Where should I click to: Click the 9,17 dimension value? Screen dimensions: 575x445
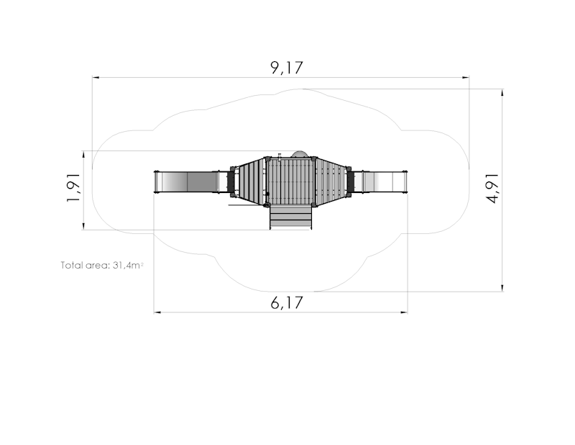(x=287, y=68)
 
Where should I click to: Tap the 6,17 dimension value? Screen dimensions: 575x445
(x=287, y=303)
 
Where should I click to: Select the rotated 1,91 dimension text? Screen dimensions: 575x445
(x=73, y=187)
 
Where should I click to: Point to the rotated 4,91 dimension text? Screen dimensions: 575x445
(x=492, y=188)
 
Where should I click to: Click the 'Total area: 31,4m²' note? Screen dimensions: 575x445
(x=102, y=265)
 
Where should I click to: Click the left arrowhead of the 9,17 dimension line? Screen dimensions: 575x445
(x=96, y=78)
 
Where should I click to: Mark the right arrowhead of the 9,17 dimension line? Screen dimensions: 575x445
(x=466, y=78)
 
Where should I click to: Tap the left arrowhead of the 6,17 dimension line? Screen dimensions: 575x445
(x=157, y=313)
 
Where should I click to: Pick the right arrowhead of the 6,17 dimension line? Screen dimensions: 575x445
(x=404, y=313)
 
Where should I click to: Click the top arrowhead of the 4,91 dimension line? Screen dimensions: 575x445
(x=502, y=93)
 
